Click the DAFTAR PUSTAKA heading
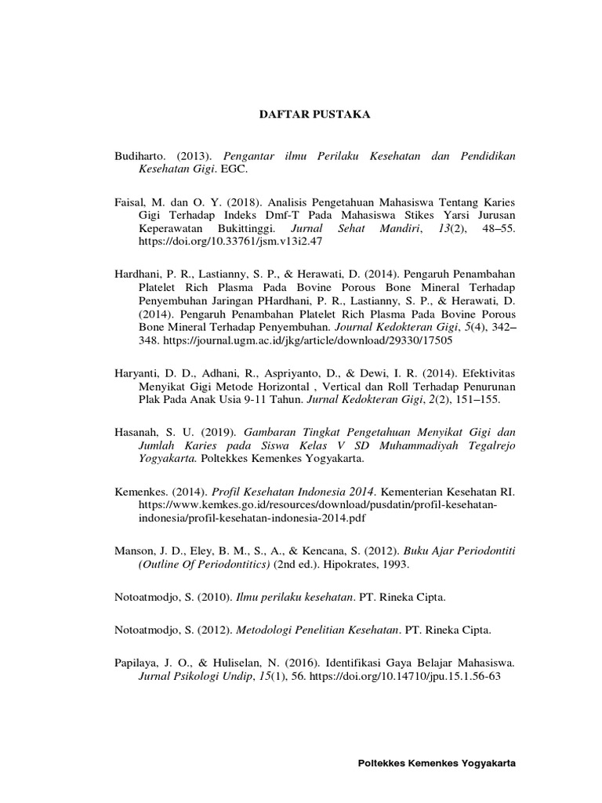[314, 114]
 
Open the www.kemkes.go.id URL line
[318, 506]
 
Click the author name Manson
[136, 550]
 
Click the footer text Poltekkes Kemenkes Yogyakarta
[437, 763]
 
